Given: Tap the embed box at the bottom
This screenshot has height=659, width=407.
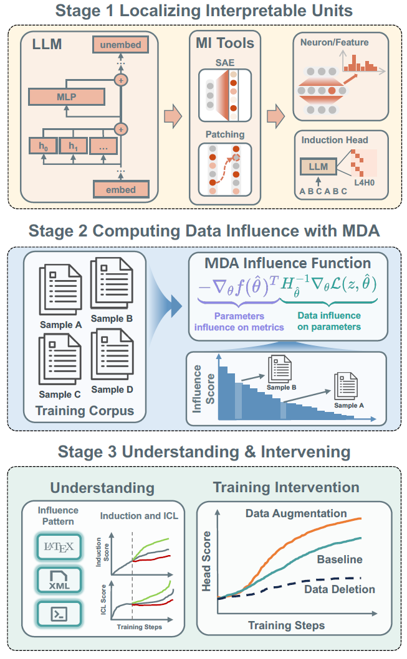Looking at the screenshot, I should [121, 189].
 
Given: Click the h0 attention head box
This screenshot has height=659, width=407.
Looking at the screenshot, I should [43, 147].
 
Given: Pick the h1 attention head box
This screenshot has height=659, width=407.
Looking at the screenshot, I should [74, 147].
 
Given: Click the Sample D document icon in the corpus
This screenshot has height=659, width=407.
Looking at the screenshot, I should [112, 357].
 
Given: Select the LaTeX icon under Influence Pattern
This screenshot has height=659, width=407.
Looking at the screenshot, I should [59, 548].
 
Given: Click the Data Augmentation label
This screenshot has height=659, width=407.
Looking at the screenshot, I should [295, 513].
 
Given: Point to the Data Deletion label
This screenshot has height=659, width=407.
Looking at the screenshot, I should [339, 589].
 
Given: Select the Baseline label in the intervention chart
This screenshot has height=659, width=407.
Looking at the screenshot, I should [339, 559].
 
